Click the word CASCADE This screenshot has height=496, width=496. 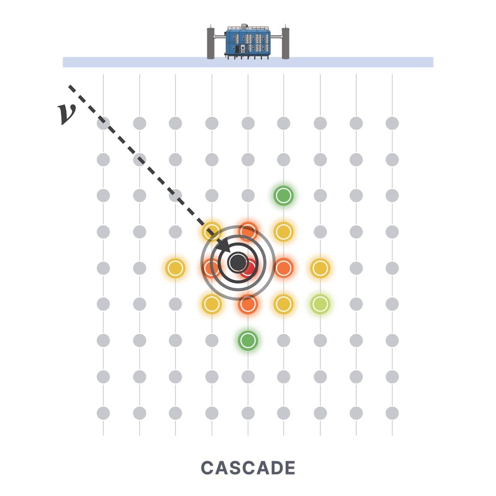(x=248, y=468)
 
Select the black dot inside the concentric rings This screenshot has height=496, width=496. (x=237, y=263)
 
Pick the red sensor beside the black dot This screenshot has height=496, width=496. (x=250, y=268)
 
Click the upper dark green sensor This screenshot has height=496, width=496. (x=283, y=195)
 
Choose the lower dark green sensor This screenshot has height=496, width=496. (x=248, y=340)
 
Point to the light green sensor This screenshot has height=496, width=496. (x=320, y=304)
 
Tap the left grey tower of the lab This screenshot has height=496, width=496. (x=211, y=43)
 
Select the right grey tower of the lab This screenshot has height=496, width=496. (x=286, y=43)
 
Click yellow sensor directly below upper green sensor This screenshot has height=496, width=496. (x=283, y=232)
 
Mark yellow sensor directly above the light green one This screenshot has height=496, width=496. (x=320, y=268)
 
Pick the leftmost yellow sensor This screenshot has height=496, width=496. (x=175, y=268)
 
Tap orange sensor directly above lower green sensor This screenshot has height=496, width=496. (x=248, y=304)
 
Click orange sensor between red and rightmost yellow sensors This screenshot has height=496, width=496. (x=283, y=268)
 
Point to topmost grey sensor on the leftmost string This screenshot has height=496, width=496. (x=103, y=123)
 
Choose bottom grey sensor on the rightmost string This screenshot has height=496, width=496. (x=392, y=413)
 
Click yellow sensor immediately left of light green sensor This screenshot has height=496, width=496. (x=283, y=304)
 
